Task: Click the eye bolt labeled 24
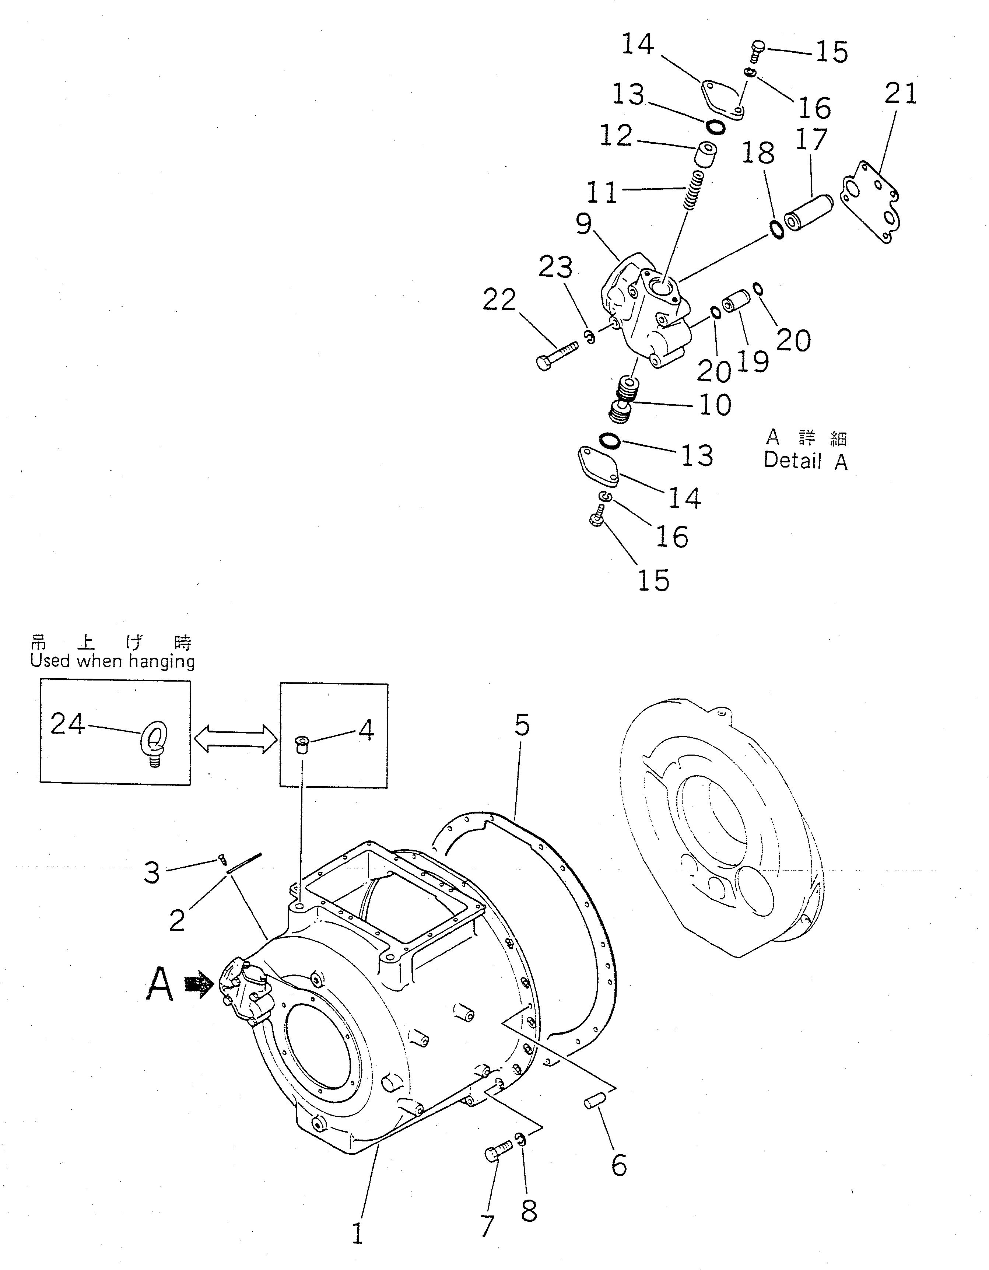(154, 743)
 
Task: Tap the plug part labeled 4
(301, 744)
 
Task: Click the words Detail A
(805, 461)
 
